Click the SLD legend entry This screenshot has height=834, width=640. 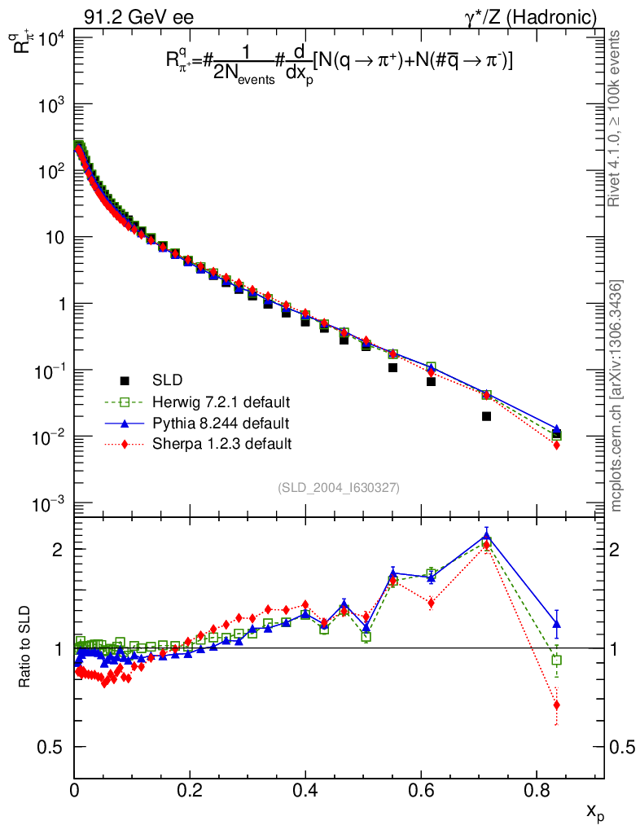click(x=167, y=380)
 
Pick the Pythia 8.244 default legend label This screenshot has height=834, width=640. click(x=221, y=424)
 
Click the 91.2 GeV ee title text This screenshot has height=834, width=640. click(x=138, y=17)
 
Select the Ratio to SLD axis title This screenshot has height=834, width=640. click(x=26, y=647)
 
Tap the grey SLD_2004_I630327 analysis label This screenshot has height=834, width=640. click(x=338, y=487)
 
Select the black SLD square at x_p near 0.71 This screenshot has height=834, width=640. click(x=487, y=416)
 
